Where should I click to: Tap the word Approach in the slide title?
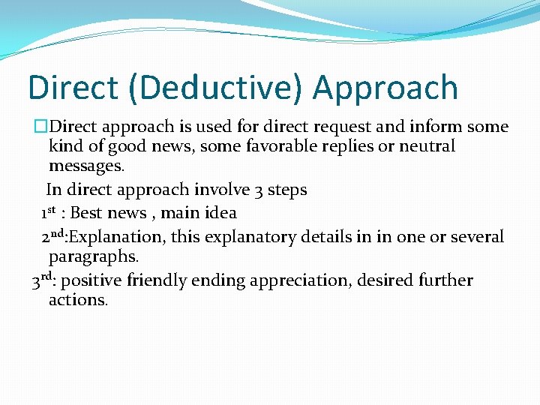(385, 88)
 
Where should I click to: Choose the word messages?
(86, 165)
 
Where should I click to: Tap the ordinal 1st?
(49, 212)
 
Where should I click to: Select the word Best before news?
(86, 213)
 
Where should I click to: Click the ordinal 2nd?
(53, 236)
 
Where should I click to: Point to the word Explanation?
(116, 238)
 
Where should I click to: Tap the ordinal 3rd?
(42, 281)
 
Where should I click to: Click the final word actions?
(78, 300)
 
